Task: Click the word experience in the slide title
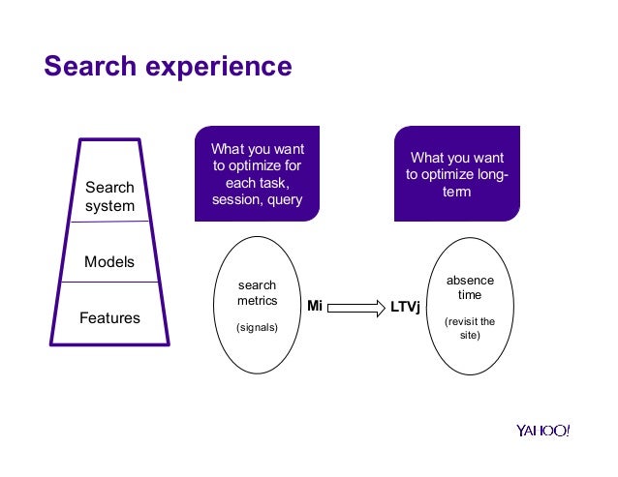[x=221, y=67]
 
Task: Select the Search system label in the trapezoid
[x=109, y=196]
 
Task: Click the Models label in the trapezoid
[x=109, y=262]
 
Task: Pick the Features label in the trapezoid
[x=109, y=317]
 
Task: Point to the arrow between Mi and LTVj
[x=355, y=307]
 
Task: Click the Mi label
[x=314, y=307]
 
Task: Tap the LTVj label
[x=405, y=307]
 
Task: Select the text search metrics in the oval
[x=257, y=293]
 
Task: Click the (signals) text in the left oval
[x=257, y=328]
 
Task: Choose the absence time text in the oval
[x=469, y=287]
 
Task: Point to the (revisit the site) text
[x=469, y=328]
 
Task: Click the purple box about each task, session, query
[x=258, y=174]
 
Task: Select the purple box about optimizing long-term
[x=456, y=174]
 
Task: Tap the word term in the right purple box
[x=456, y=192]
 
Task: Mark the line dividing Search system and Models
[x=109, y=222]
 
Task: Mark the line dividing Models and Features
[x=109, y=283]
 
